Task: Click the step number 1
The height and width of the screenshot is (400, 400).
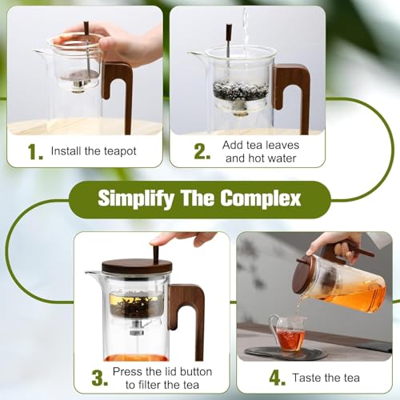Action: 35,151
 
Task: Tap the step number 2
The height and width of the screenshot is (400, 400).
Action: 202,151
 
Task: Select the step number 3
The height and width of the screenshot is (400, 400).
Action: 100,378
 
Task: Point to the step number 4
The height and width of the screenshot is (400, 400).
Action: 278,378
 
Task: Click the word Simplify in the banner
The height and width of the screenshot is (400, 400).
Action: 136,198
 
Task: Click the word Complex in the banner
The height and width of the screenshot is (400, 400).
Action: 261,198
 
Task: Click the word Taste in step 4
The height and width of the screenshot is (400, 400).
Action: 306,378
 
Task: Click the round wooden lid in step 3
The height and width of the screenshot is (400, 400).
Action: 137,266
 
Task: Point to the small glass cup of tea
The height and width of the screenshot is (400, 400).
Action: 288,333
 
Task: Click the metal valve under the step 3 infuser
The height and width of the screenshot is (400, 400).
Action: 136,328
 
